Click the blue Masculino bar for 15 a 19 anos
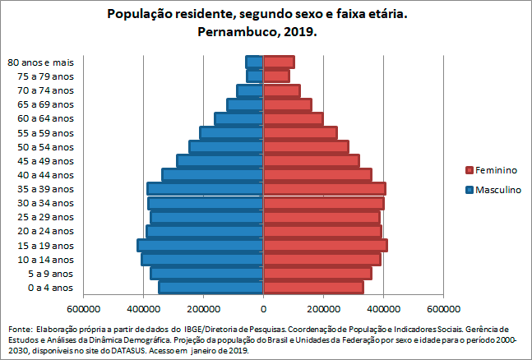(x=200, y=245)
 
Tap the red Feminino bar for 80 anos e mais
(x=279, y=62)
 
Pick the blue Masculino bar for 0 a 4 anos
(x=210, y=287)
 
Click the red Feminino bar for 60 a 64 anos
(x=293, y=118)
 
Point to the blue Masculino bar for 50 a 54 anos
(x=226, y=146)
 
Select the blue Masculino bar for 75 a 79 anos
(x=255, y=76)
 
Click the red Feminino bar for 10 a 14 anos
(x=322, y=259)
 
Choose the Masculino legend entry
(x=497, y=190)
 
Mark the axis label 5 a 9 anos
(x=50, y=273)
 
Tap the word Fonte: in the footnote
(x=21, y=328)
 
